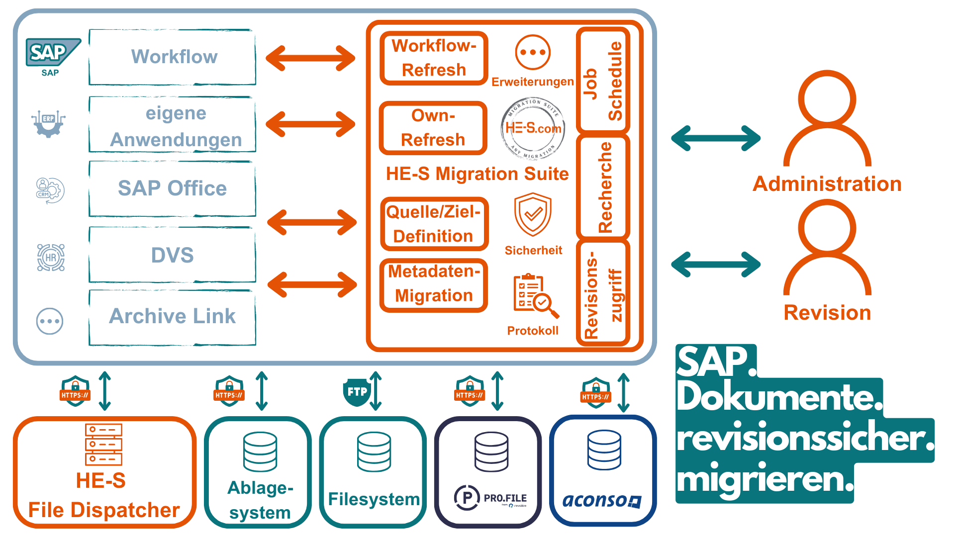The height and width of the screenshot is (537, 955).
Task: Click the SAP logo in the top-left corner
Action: pyautogui.click(x=52, y=53)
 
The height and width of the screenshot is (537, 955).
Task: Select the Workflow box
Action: pyautogui.click(x=173, y=57)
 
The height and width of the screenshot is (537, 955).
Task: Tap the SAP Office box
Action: pyautogui.click(x=173, y=188)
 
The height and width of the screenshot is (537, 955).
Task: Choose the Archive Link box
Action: pyautogui.click(x=173, y=317)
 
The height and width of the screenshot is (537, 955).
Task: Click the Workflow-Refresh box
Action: pyautogui.click(x=434, y=58)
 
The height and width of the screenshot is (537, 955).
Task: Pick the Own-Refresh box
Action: pyautogui.click(x=433, y=128)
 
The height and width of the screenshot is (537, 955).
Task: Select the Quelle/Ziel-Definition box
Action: pyautogui.click(x=434, y=224)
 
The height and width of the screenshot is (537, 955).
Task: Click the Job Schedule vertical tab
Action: pyautogui.click(x=603, y=81)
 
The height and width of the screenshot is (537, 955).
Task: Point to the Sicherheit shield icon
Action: pyautogui.click(x=533, y=214)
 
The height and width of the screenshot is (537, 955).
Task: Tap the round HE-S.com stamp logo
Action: pyautogui.click(x=533, y=128)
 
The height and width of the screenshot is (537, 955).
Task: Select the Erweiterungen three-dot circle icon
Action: pyautogui.click(x=533, y=52)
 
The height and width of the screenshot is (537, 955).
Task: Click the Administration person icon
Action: pyautogui.click(x=827, y=119)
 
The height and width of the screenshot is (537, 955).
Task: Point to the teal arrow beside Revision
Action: pyautogui.click(x=716, y=264)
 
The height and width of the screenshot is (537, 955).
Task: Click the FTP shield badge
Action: pyautogui.click(x=357, y=392)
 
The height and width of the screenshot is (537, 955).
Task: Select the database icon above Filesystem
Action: pyautogui.click(x=374, y=451)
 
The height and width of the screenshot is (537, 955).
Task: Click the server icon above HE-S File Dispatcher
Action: pyautogui.click(x=103, y=444)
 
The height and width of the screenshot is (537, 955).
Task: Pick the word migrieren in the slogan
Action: pyautogui.click(x=764, y=480)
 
